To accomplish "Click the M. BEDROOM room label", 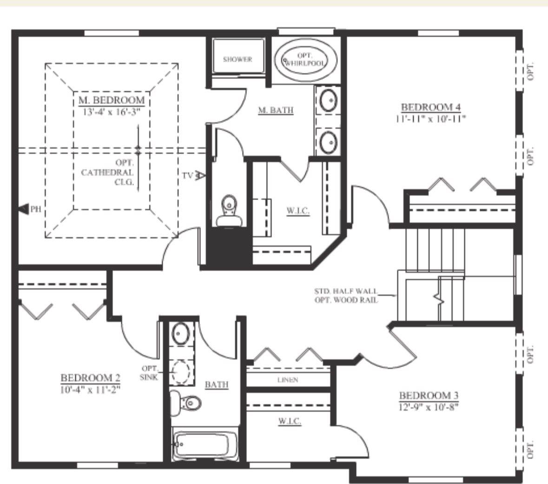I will [112, 100].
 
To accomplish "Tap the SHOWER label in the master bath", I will [238, 59].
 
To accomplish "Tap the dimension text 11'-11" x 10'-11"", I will [431, 118].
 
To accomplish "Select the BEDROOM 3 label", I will [429, 395].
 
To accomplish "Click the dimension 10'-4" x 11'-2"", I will [90, 389].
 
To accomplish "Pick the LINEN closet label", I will [288, 380].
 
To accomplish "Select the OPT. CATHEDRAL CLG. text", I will [108, 173].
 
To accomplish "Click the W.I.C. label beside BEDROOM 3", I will [289, 421].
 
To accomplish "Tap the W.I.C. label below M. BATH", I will [298, 211].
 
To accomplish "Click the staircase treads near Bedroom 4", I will [435, 251].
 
